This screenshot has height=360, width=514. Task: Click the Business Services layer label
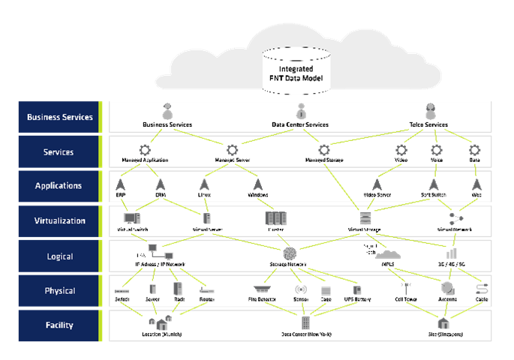click(x=59, y=117)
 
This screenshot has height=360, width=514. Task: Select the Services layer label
click(x=59, y=152)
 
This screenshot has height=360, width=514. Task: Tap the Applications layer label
click(x=59, y=186)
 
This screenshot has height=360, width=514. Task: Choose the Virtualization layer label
click(x=59, y=221)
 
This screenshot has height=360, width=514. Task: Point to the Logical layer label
click(x=59, y=256)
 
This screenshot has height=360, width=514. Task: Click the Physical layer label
click(x=59, y=291)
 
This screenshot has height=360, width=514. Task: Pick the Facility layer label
click(x=59, y=325)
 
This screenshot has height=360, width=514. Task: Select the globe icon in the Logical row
click(x=290, y=253)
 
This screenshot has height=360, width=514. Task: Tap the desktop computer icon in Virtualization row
click(x=131, y=218)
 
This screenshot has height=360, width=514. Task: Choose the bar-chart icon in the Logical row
click(x=452, y=253)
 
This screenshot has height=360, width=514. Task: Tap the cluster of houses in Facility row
click(x=160, y=322)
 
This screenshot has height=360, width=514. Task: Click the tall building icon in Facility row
click(x=305, y=323)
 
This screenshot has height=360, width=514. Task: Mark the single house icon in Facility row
click(x=443, y=323)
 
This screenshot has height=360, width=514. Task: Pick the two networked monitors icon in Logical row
click(x=160, y=251)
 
